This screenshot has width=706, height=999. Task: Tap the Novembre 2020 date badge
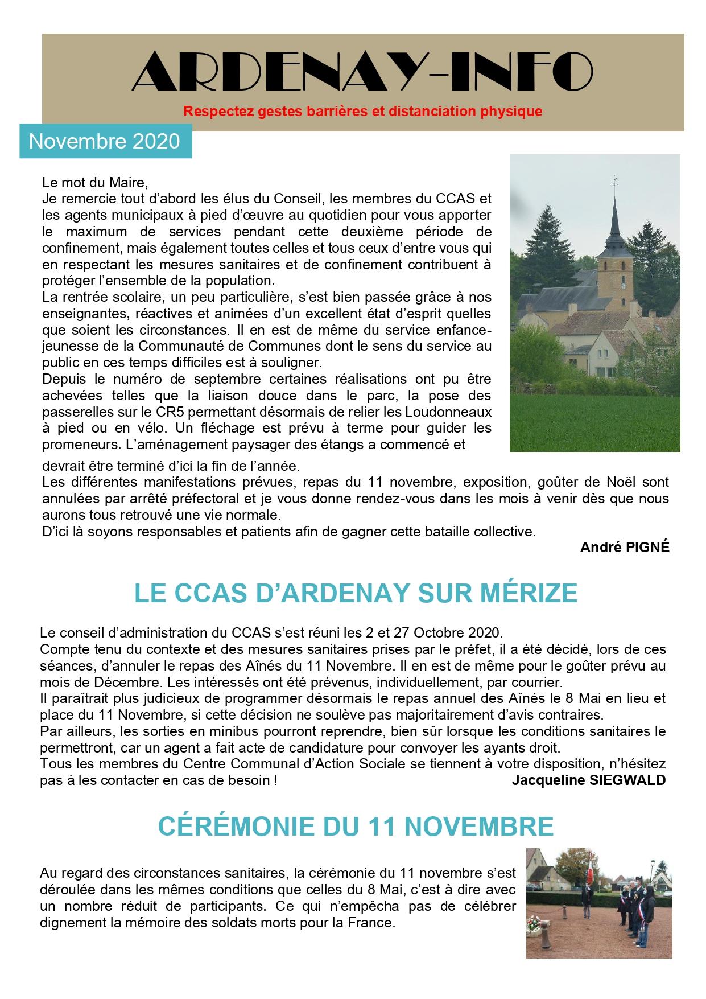coord(105,141)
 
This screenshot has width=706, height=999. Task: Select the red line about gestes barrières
coord(362,111)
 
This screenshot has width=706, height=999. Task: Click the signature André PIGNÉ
coord(625,548)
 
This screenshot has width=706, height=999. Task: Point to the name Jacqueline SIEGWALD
coord(588,780)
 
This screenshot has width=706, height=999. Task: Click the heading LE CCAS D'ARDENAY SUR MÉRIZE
coord(356,593)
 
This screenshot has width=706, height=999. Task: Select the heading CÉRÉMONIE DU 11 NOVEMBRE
coord(356,826)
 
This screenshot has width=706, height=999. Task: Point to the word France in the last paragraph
coord(371,923)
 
